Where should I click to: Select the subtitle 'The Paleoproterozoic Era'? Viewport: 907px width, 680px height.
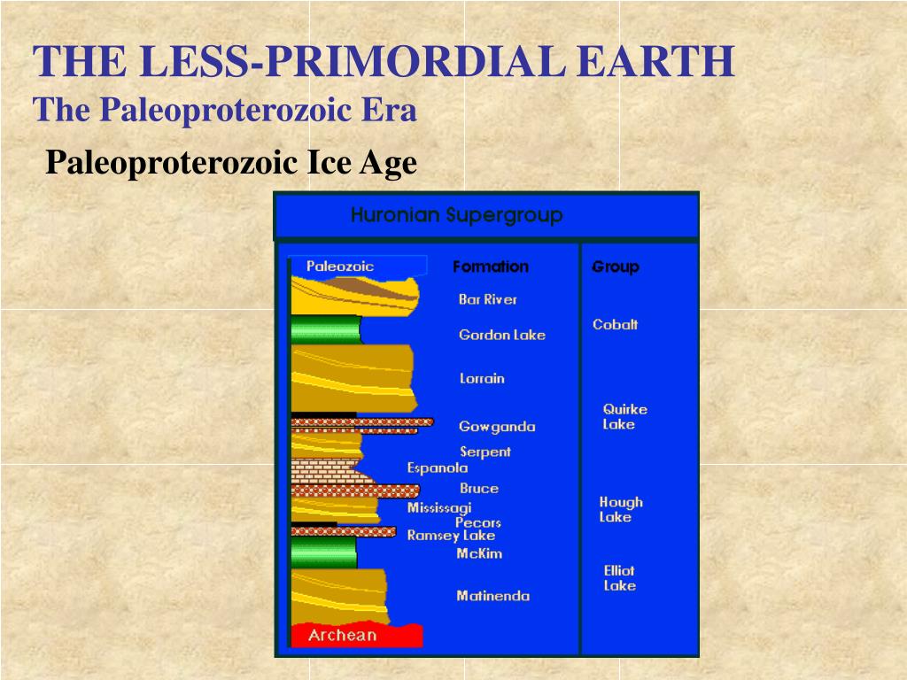[224, 111]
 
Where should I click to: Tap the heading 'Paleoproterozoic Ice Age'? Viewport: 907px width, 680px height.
[230, 163]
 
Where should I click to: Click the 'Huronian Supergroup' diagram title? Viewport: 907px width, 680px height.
[456, 215]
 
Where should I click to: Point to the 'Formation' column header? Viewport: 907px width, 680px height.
[490, 267]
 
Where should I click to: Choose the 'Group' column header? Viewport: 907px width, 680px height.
[616, 267]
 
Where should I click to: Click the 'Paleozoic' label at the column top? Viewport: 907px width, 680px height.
[340, 266]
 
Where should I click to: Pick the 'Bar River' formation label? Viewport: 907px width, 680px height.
[488, 299]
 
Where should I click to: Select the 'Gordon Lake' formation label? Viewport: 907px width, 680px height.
[502, 335]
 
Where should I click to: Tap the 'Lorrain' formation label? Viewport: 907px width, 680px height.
[482, 378]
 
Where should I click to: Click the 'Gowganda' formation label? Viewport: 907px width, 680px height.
[497, 427]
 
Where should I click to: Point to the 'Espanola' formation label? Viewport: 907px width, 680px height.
[438, 468]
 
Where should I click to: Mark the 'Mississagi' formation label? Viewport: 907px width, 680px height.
[439, 508]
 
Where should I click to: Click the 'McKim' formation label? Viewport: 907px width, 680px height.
[479, 553]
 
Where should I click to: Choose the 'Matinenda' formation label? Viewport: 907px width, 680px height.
[492, 596]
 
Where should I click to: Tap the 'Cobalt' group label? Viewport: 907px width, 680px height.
[615, 325]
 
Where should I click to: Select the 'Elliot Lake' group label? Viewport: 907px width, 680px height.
[619, 578]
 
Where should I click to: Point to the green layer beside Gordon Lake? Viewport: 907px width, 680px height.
[325, 330]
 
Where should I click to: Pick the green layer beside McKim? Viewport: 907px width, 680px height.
[323, 552]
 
